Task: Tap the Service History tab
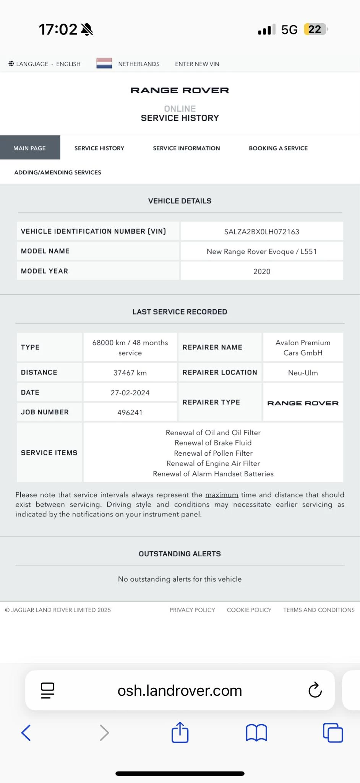99,148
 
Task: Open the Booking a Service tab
278,148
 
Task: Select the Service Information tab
186,148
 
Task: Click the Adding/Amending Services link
58,172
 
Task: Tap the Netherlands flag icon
104,63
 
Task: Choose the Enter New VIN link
197,64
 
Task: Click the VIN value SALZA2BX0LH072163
262,232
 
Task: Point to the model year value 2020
262,271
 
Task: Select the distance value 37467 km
130,373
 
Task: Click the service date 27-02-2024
130,393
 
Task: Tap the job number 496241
130,413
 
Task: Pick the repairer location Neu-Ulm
303,373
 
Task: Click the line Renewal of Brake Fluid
213,443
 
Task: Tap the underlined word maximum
222,495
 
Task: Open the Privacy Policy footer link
192,610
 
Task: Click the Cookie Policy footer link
249,610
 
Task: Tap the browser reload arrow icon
315,690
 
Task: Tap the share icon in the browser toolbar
180,733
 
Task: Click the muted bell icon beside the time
87,29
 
